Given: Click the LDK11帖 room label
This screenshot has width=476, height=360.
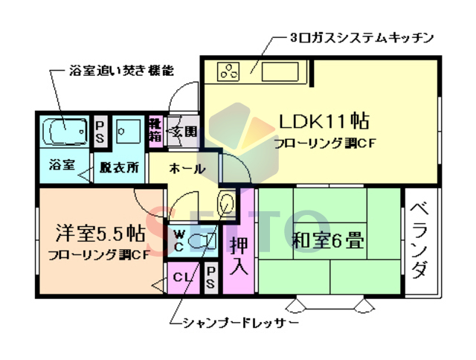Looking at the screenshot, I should (324, 120).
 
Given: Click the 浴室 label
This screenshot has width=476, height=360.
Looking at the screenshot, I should (61, 164).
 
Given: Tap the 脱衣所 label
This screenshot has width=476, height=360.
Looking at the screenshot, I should (119, 167).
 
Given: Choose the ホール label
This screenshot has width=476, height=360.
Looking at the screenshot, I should (187, 168).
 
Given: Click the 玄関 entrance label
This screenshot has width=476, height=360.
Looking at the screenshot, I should (184, 132).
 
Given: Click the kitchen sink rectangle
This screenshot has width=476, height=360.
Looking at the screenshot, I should (282, 72).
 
